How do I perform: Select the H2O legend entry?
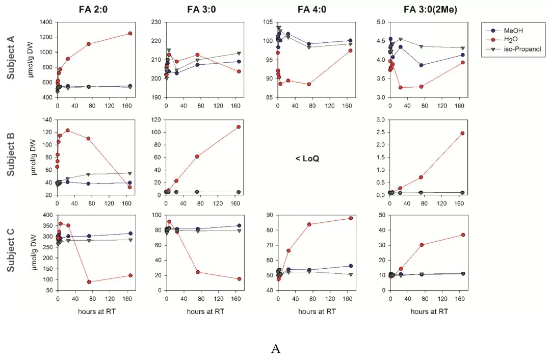click(510, 40)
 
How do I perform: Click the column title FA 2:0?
click(93, 9)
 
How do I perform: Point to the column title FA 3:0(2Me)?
click(427, 9)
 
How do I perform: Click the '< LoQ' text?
click(307, 159)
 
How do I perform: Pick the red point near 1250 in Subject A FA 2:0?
click(130, 33)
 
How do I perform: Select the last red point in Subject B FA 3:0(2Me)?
click(462, 133)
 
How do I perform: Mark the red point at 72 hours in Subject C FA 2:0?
click(89, 282)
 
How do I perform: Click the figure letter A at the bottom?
click(276, 349)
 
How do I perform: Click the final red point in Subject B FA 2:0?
click(130, 187)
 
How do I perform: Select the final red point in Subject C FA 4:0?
click(351, 218)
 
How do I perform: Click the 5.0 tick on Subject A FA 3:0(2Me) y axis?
click(380, 22)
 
